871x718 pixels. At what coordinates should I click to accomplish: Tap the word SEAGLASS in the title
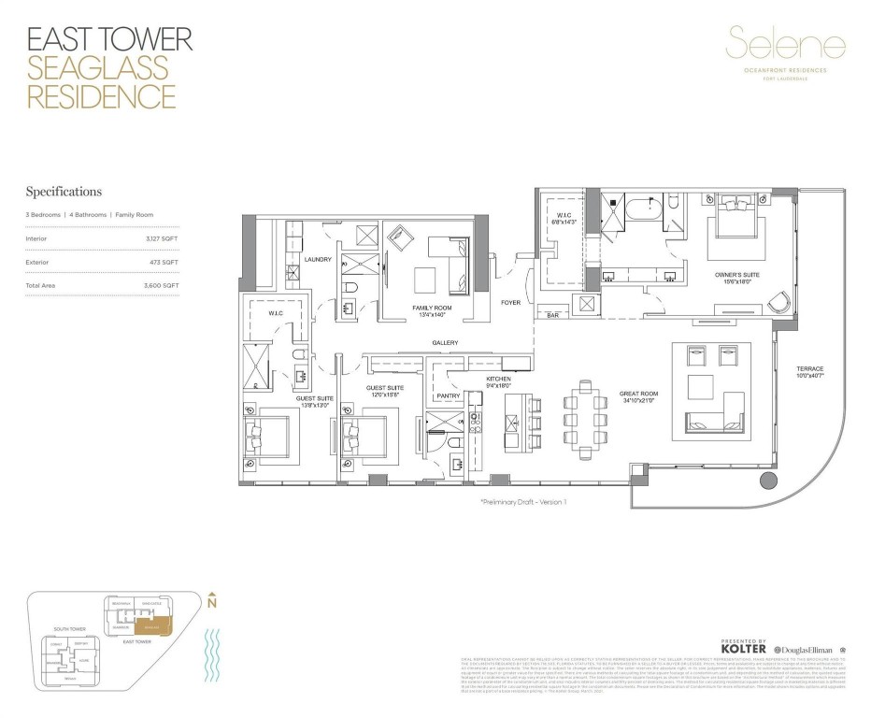[x=98, y=67]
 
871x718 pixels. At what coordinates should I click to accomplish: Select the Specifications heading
[x=64, y=192]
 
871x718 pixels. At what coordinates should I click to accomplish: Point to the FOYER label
[x=510, y=302]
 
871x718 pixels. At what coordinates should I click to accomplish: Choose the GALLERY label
[x=445, y=343]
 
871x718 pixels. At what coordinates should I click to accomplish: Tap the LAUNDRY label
[x=318, y=259]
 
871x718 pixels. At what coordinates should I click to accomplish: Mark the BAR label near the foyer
[x=553, y=315]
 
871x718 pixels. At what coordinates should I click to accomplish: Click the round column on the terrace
[x=768, y=481]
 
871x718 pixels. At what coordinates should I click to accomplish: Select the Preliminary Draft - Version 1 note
[x=523, y=502]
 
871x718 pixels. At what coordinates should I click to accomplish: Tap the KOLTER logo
[x=745, y=649]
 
